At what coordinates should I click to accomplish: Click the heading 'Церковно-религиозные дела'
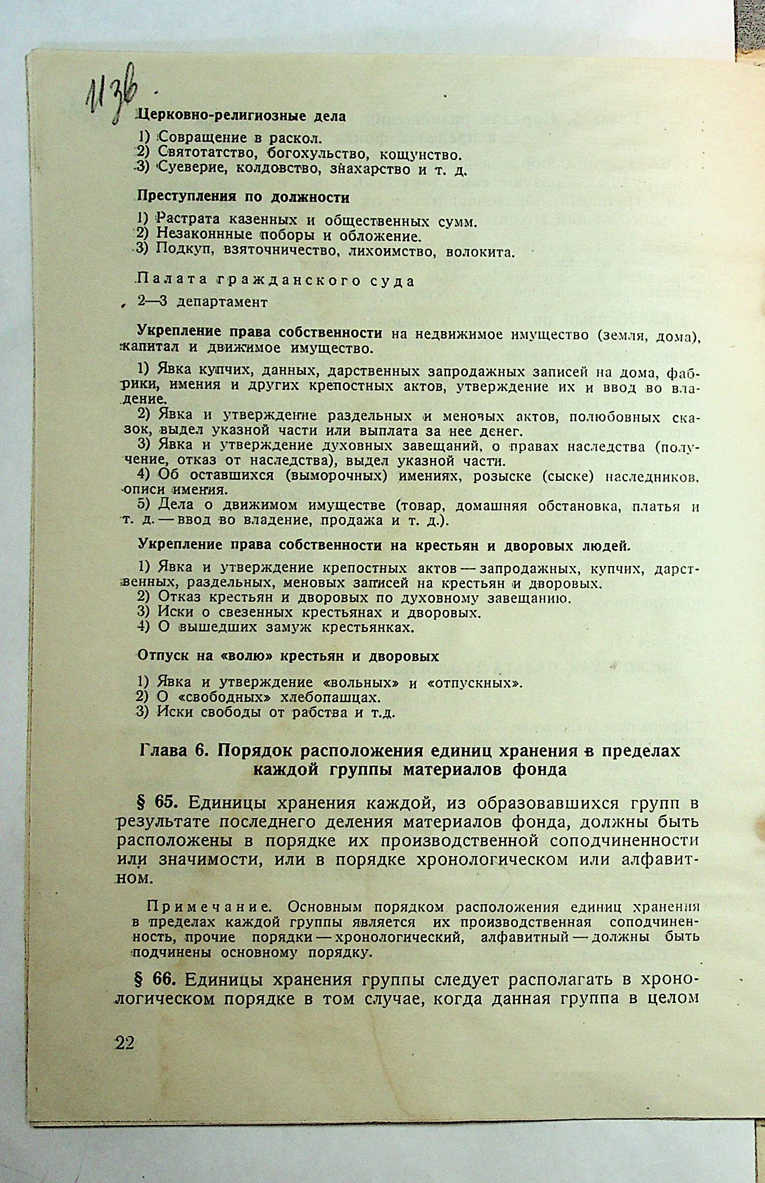(242, 116)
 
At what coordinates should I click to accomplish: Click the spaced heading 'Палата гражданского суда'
(276, 281)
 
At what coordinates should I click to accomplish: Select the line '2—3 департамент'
(203, 302)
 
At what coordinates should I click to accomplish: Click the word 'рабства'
(319, 713)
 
